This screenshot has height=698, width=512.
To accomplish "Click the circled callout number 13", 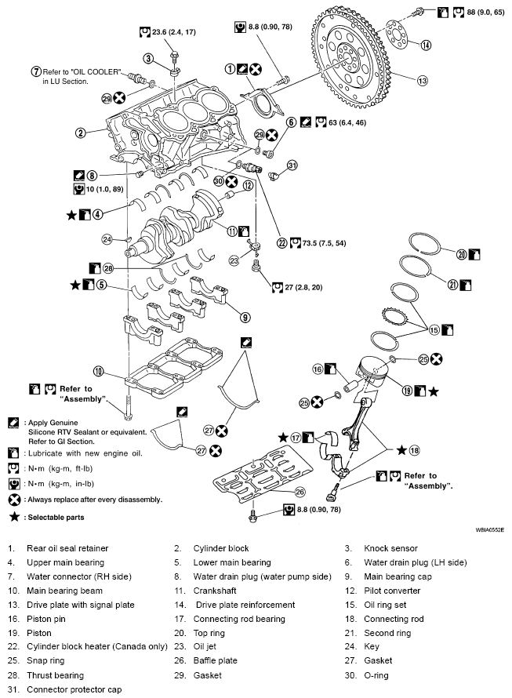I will point(422,80).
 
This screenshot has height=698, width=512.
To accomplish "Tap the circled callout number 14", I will point(425,44).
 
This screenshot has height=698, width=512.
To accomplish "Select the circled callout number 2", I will point(81,133).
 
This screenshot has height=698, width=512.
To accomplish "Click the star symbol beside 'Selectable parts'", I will point(13,518).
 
